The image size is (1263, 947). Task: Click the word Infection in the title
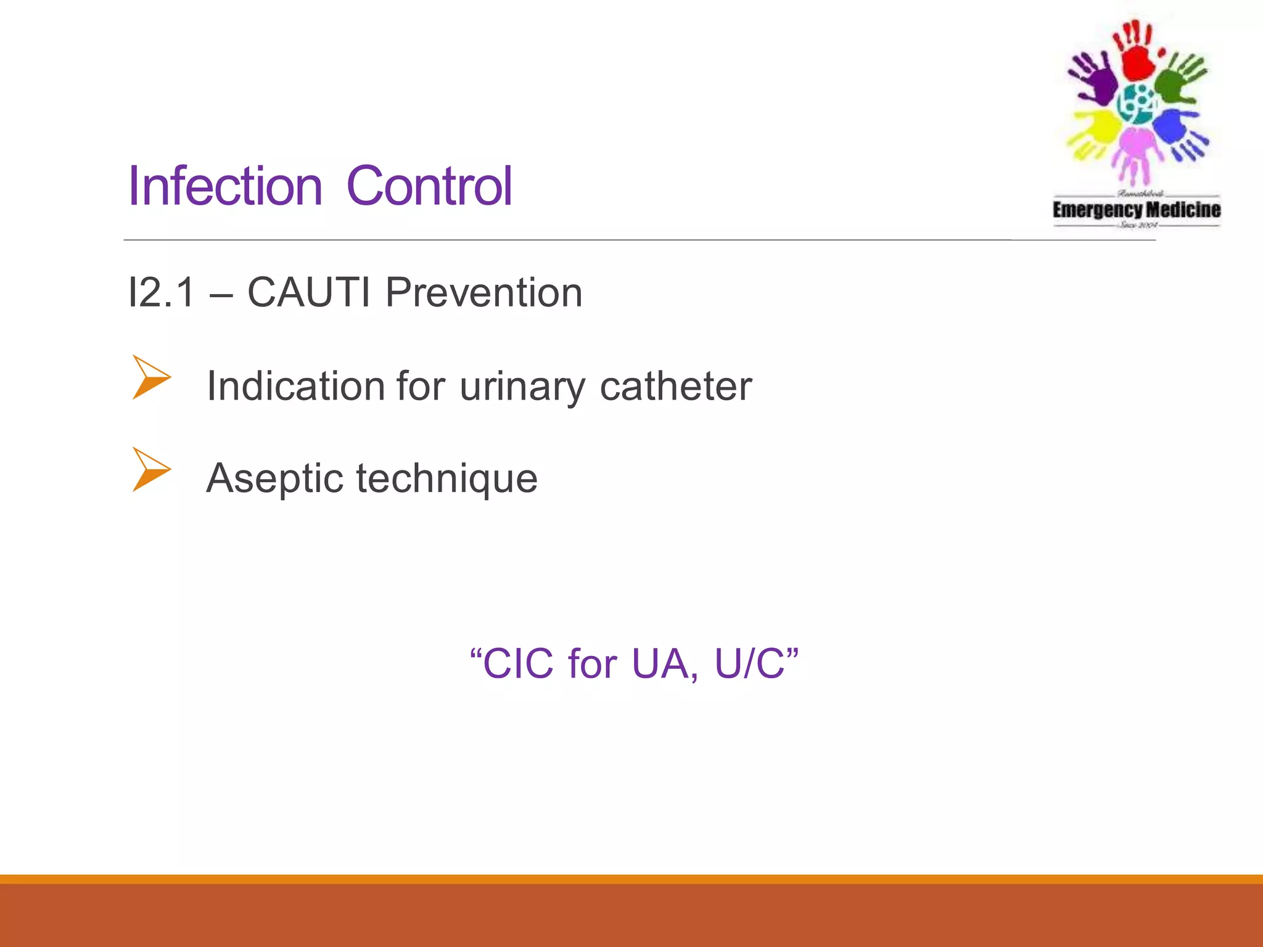225,186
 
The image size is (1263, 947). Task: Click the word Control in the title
429,186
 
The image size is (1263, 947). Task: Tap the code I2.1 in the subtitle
162,292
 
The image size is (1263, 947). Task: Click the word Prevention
484,292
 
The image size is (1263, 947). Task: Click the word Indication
296,387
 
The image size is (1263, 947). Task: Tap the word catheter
675,387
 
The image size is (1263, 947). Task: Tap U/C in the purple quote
749,664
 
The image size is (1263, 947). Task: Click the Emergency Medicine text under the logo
1136,210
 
